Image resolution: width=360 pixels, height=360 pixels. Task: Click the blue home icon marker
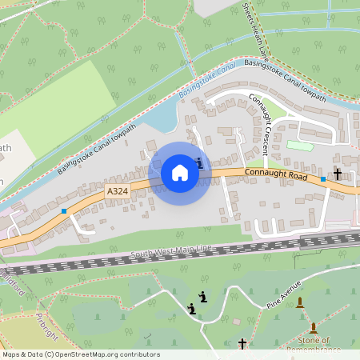180,172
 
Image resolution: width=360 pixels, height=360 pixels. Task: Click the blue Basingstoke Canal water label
206,82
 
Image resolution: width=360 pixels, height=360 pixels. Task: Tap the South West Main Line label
171,253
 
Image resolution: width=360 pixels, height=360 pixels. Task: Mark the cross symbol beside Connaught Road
338,174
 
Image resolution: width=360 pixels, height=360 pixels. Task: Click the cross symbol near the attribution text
242,343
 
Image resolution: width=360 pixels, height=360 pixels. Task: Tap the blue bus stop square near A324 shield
64,211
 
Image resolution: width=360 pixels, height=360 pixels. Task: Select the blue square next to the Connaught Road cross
323,179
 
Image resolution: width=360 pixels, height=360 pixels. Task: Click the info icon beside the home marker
199,162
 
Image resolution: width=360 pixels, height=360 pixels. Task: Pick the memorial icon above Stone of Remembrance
313,327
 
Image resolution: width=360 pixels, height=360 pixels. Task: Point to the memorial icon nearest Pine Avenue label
300,302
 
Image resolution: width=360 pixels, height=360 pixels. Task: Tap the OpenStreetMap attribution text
81,354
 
